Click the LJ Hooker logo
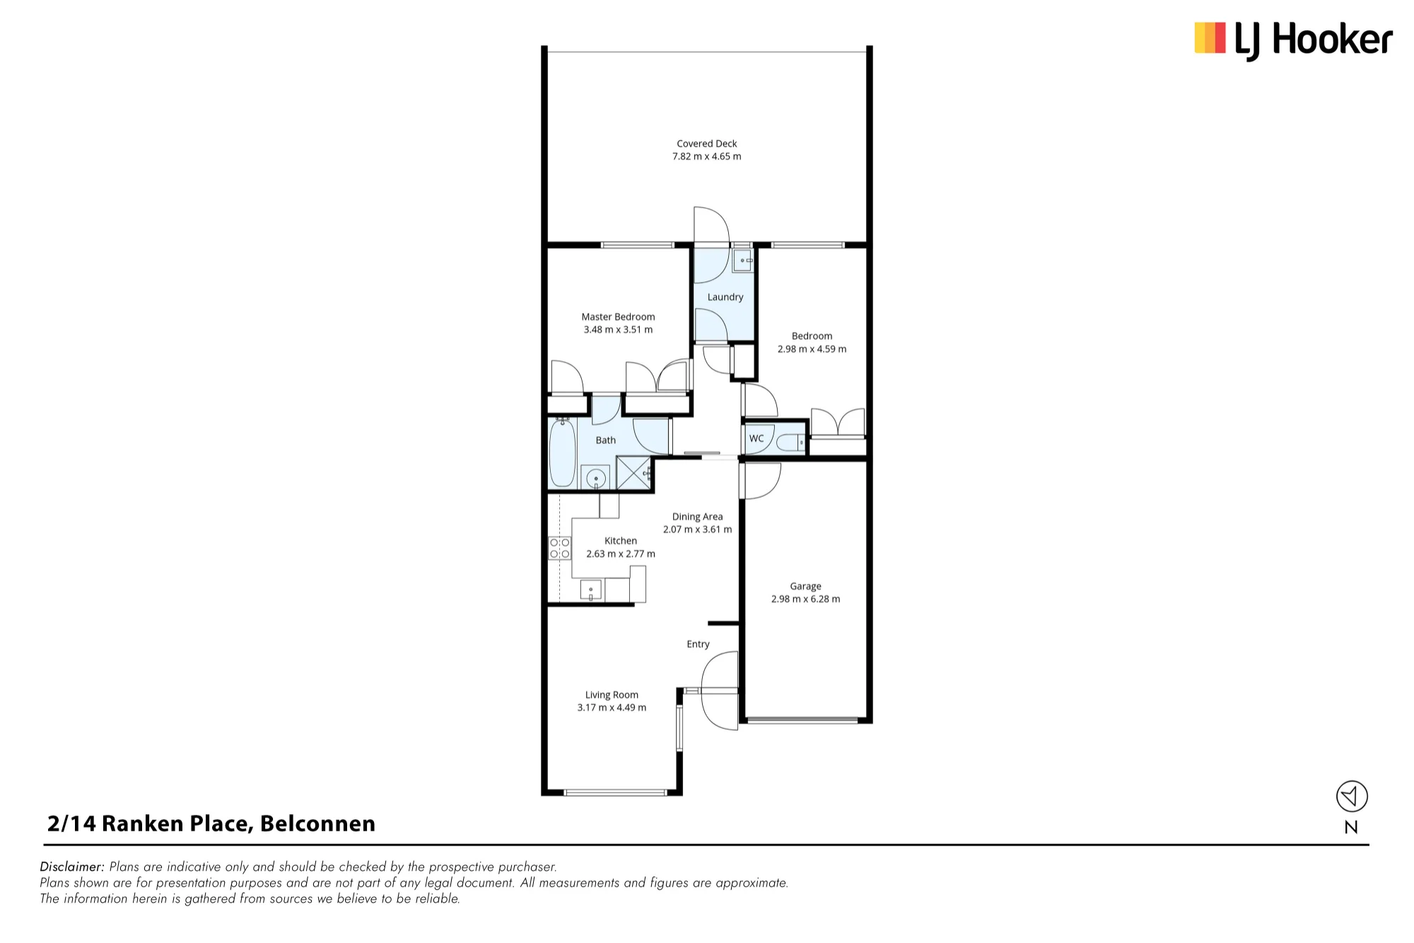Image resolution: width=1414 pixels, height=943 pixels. point(1293,40)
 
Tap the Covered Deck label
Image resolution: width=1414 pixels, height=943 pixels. point(707,143)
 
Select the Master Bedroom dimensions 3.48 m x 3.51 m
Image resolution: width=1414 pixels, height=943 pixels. point(618,329)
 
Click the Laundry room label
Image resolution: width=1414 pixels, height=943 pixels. point(725,297)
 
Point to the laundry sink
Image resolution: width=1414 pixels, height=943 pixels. point(742,261)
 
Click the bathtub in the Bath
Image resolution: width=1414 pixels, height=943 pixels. point(563,452)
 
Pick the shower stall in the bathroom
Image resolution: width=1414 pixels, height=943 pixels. point(633,473)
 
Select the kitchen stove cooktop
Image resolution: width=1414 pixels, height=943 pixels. point(560,548)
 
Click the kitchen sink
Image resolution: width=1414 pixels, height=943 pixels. point(591,590)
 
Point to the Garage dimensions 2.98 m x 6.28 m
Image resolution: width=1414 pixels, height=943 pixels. point(805,599)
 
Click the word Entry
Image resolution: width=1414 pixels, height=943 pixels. point(698,644)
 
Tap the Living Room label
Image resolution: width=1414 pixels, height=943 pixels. point(612,695)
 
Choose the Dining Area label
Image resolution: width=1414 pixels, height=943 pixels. point(697,517)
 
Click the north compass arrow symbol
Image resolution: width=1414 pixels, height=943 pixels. point(1352,797)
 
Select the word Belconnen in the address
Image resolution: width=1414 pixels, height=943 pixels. point(317,824)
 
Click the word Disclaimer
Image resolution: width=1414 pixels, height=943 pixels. point(72,867)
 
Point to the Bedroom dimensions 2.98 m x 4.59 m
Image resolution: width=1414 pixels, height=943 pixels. point(812,348)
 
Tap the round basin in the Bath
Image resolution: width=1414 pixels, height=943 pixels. point(596,478)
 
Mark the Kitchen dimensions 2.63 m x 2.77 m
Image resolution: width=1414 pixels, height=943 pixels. point(621,553)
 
